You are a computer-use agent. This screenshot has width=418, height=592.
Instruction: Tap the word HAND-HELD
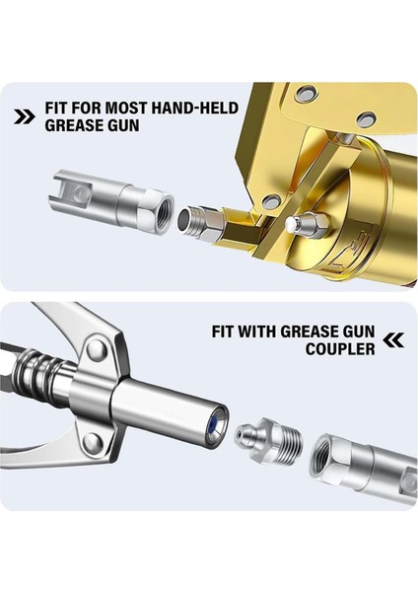click(194, 108)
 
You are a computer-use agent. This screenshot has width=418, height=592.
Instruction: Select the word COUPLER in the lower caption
click(340, 349)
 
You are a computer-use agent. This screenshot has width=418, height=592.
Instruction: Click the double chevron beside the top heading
click(25, 116)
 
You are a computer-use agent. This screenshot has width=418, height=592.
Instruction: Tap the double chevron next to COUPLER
click(393, 340)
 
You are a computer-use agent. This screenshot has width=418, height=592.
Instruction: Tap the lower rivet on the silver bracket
click(92, 442)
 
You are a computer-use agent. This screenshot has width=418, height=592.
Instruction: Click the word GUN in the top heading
click(121, 125)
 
